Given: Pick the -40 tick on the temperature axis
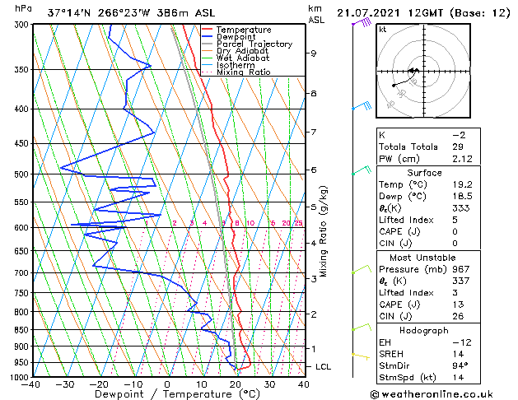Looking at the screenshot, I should pyautogui.click(x=32, y=384).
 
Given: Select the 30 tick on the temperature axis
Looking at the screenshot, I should pyautogui.click(x=269, y=384).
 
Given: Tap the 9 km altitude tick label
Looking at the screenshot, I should pyautogui.click(x=314, y=53).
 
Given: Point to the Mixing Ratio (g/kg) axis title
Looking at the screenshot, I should pyautogui.click(x=323, y=231).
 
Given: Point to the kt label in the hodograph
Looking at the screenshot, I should pyautogui.click(x=383, y=29).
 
